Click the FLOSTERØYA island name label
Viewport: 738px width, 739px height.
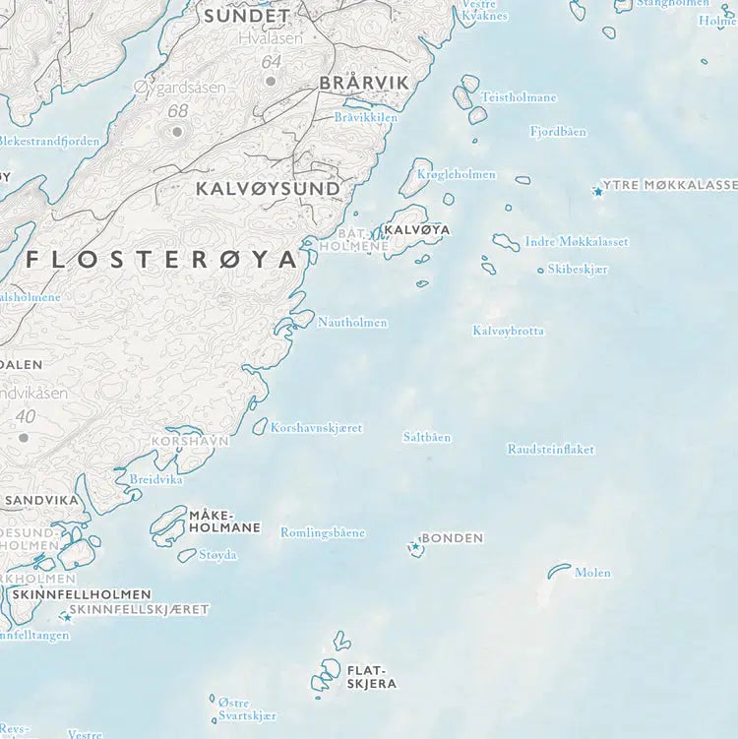(162, 260)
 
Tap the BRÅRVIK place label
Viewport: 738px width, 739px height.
(363, 84)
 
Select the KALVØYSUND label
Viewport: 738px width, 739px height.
(268, 187)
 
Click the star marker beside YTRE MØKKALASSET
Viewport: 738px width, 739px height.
(597, 192)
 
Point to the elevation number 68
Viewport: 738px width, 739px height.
(177, 111)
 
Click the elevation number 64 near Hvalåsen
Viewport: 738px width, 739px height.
(272, 62)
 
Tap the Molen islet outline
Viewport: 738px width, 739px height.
(559, 570)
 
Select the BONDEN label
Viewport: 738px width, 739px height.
(452, 538)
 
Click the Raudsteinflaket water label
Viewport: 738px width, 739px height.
(550, 450)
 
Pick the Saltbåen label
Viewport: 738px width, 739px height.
(427, 437)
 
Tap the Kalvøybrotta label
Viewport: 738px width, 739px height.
(508, 332)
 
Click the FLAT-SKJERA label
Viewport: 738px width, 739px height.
(371, 676)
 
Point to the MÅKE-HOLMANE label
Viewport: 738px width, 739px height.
(224, 521)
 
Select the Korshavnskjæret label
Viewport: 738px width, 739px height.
(316, 428)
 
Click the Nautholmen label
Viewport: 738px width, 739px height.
(352, 323)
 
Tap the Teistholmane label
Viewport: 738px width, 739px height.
(519, 97)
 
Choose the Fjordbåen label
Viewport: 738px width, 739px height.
(558, 131)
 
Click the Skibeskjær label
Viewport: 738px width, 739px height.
(579, 269)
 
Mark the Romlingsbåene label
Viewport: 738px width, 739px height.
(323, 532)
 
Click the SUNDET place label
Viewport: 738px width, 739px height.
(246, 16)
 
